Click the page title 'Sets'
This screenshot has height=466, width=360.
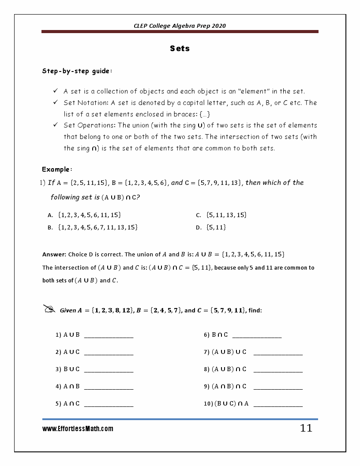point(180,49)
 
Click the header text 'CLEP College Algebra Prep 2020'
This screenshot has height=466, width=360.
point(180,26)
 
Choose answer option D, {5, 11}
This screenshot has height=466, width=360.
point(216,227)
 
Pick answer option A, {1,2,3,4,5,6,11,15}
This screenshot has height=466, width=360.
point(90,215)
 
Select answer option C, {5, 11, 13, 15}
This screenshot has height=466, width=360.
point(226,215)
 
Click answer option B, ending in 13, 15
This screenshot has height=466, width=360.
point(98,227)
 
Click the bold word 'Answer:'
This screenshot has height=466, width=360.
point(54,254)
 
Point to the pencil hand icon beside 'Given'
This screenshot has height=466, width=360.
point(49,309)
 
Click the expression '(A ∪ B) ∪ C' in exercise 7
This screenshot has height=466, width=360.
point(229,352)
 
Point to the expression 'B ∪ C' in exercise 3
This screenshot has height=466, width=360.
point(71,369)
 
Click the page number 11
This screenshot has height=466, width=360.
point(306,428)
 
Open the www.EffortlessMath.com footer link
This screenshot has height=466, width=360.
point(78,428)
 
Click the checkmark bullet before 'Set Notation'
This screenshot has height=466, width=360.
point(56,102)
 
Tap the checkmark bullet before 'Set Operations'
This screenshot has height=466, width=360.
point(56,125)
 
